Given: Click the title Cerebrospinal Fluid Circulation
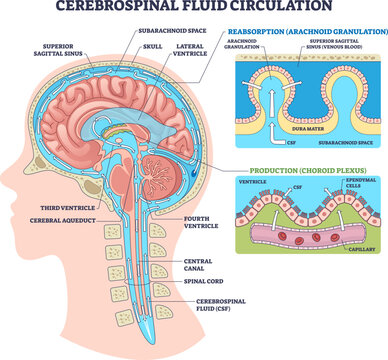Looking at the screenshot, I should (194, 9).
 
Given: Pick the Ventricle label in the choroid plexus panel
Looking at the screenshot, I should (251, 182).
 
